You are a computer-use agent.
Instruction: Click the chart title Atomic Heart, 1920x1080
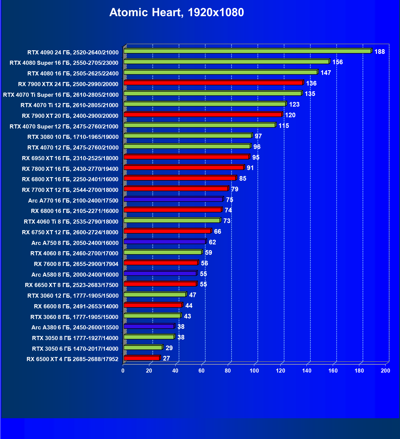177,12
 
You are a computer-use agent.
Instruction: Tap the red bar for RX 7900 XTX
213,83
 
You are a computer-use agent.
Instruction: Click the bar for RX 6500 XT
142,358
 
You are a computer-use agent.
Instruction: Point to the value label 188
379,52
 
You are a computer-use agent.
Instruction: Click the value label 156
337,62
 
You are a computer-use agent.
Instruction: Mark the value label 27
166,358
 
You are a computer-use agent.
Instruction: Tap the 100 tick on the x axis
254,371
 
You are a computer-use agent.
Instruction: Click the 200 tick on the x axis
386,371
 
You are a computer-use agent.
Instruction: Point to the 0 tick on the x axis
123,371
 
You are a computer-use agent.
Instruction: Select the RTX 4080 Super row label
64,63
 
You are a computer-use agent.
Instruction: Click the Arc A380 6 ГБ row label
75,327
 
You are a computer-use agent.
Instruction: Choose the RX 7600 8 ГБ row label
76,264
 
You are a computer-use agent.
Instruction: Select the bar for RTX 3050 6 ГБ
143,348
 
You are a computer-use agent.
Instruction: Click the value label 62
212,242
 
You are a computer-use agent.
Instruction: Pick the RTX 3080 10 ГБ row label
73,137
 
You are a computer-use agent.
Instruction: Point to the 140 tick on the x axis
307,371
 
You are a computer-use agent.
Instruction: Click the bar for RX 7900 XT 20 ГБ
203,115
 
